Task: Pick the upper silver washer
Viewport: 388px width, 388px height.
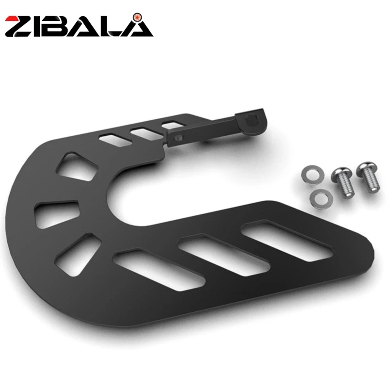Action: (x=310, y=175)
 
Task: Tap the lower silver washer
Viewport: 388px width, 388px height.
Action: (x=322, y=197)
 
